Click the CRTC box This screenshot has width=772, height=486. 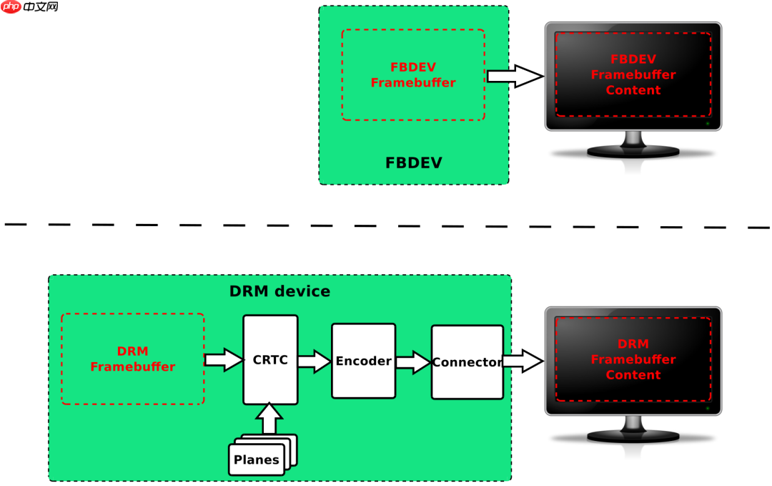270,360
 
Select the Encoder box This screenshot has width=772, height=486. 363,361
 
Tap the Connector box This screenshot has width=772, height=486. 467,362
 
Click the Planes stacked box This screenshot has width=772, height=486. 257,459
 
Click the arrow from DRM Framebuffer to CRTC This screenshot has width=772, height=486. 224,359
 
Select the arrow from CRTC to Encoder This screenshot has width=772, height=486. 315,361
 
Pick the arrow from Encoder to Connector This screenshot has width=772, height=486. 413,361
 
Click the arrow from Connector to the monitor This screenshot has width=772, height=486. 523,361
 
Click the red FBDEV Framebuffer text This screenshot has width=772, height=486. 412,75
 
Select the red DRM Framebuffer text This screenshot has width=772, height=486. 132,359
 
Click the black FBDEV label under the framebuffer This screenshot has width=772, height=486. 413,162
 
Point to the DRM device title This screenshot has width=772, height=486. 279,291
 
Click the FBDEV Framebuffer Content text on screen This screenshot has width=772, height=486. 633,74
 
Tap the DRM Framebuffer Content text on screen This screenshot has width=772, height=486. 633,359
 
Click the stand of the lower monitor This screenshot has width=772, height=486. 633,429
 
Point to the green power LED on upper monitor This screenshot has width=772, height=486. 708,124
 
